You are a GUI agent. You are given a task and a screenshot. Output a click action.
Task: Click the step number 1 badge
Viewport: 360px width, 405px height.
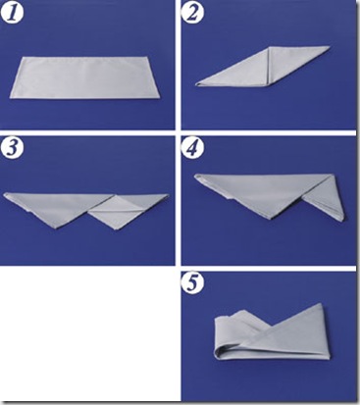pyautogui.click(x=12, y=13)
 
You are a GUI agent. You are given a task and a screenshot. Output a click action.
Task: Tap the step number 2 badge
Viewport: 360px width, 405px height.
pyautogui.click(x=192, y=13)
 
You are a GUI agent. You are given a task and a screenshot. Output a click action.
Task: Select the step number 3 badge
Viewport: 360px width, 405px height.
pyautogui.click(x=12, y=149)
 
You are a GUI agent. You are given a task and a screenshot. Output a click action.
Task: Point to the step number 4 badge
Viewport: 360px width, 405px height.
pyautogui.click(x=192, y=149)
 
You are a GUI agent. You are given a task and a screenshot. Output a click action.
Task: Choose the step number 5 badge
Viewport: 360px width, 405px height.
pyautogui.click(x=192, y=283)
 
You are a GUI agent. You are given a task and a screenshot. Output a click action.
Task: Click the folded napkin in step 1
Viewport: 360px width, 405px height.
pyautogui.click(x=84, y=77)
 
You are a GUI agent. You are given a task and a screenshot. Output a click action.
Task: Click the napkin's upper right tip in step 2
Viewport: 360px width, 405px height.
pyautogui.click(x=330, y=47)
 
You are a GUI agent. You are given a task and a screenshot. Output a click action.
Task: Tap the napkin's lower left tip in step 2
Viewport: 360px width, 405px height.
pyautogui.click(x=196, y=84)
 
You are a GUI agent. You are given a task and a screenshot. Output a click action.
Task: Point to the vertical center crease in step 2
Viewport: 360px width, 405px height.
pyautogui.click(x=269, y=67)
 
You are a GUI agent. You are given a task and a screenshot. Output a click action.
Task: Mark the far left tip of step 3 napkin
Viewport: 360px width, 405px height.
pyautogui.click(x=5, y=194)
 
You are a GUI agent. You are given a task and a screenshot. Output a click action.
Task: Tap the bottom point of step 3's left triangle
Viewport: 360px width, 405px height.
pyautogui.click(x=56, y=228)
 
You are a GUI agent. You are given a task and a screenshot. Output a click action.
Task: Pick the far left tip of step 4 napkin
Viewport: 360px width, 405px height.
pyautogui.click(x=195, y=177)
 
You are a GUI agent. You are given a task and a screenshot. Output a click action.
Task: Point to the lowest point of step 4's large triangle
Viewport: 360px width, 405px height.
pyautogui.click(x=272, y=218)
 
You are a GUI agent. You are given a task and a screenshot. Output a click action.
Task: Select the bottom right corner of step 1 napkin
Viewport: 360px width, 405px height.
pyautogui.click(x=159, y=97)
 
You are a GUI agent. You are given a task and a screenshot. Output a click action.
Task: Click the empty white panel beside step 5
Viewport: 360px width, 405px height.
pyautogui.click(x=89, y=334)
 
